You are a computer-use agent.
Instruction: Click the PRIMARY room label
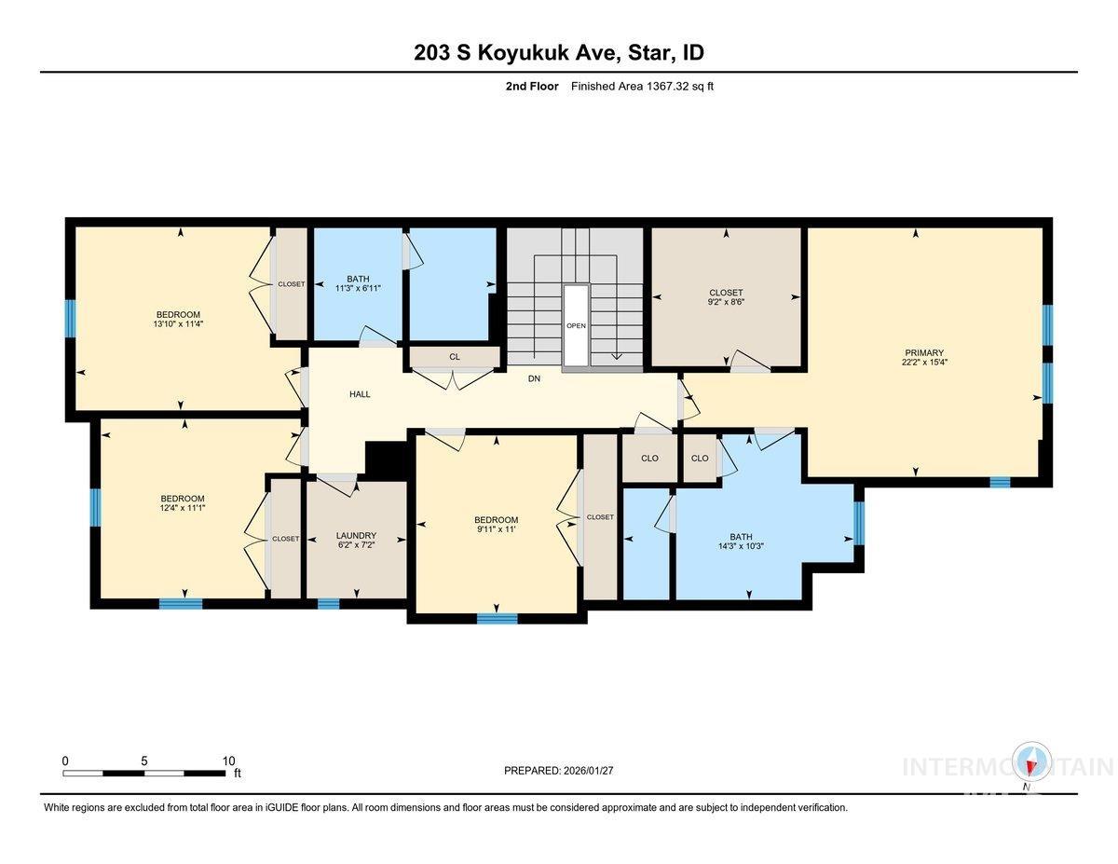click(923, 353)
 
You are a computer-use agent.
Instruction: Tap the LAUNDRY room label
click(356, 536)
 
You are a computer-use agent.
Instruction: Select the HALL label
click(360, 394)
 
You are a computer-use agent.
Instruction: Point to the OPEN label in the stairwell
click(576, 326)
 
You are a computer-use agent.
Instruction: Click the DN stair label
click(534, 378)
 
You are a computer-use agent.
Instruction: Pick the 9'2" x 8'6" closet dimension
click(726, 302)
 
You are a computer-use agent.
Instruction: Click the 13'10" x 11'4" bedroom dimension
click(179, 324)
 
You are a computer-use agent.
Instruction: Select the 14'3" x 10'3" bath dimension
click(741, 547)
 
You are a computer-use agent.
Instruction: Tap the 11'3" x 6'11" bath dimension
click(358, 289)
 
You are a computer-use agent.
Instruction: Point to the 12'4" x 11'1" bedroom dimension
click(182, 509)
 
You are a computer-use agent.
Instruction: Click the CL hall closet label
click(455, 357)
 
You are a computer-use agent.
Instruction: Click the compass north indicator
click(1031, 763)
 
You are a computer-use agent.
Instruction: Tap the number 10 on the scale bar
click(228, 761)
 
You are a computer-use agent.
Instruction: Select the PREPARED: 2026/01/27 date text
click(559, 771)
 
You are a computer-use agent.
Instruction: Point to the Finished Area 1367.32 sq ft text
click(642, 87)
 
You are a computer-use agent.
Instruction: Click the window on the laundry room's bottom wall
click(328, 603)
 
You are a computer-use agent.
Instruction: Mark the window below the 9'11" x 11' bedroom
click(497, 618)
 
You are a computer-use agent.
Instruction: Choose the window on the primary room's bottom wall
click(1000, 482)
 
